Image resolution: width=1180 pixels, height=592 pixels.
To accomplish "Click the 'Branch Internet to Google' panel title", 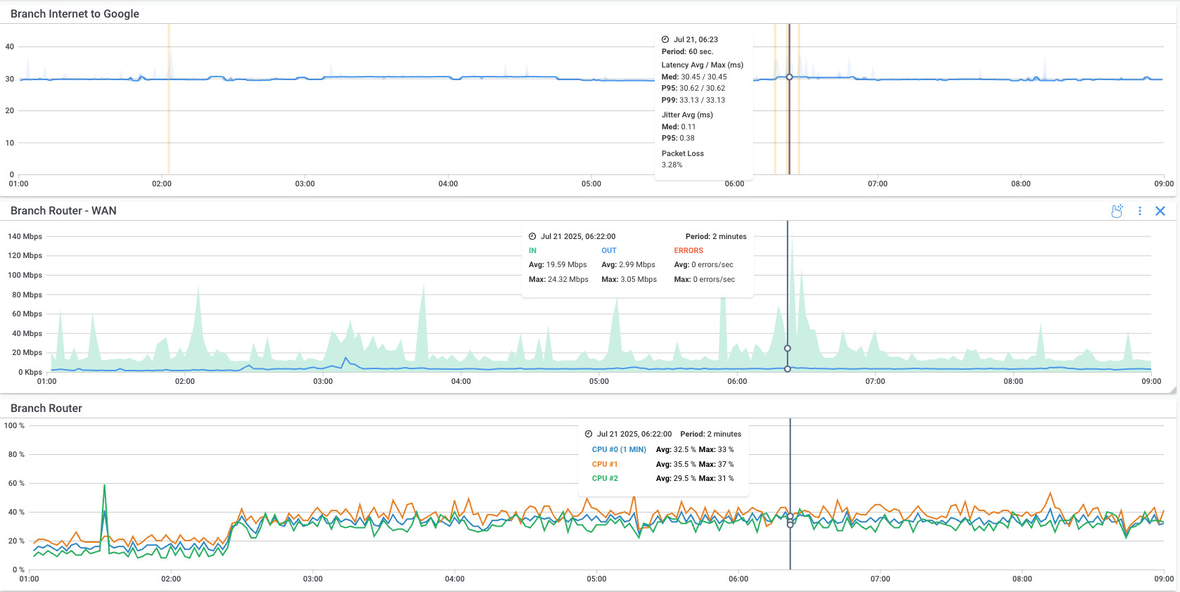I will (x=75, y=14).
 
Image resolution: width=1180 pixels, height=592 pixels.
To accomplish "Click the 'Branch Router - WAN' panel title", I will (x=63, y=211).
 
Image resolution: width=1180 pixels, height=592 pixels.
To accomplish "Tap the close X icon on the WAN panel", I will (x=1160, y=211).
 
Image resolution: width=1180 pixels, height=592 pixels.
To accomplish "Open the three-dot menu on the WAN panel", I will (x=1139, y=211).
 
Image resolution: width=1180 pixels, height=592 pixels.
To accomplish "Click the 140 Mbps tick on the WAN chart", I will (x=25, y=237).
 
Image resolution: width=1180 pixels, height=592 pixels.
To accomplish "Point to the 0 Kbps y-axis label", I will (x=30, y=372).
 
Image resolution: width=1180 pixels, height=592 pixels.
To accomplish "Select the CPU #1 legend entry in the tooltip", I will (x=604, y=464).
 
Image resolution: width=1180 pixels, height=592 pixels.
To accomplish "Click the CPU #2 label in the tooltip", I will (x=604, y=478).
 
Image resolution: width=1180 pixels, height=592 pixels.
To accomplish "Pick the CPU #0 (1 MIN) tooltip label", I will (x=618, y=449).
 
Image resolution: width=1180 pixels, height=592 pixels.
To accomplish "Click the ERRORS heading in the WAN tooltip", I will (x=688, y=250).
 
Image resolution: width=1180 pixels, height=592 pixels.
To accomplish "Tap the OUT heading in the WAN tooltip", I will (x=608, y=250).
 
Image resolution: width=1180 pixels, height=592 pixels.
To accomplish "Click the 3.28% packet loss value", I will (x=672, y=165).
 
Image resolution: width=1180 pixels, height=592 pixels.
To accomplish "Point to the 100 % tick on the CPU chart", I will (x=14, y=425).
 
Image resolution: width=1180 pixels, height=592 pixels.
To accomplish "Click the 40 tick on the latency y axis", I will (x=10, y=47).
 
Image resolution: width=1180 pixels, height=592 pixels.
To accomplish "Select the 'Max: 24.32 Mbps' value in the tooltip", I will (x=558, y=279).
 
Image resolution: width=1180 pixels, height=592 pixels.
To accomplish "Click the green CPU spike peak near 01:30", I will (x=105, y=485).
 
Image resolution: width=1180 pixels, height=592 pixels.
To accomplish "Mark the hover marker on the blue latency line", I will (x=789, y=77).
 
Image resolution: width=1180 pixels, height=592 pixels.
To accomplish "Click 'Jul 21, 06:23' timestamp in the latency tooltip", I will (x=695, y=39).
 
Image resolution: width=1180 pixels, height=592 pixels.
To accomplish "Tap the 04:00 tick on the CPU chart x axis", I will (x=454, y=579).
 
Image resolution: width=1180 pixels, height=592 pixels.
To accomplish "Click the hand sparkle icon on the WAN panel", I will (x=1117, y=211).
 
